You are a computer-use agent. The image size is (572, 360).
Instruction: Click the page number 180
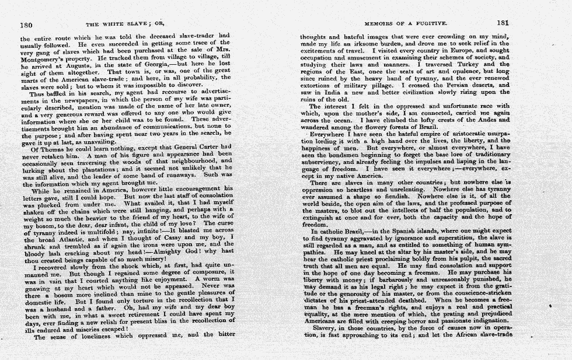click(26, 25)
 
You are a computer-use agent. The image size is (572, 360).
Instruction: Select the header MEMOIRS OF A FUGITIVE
click(405, 24)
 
